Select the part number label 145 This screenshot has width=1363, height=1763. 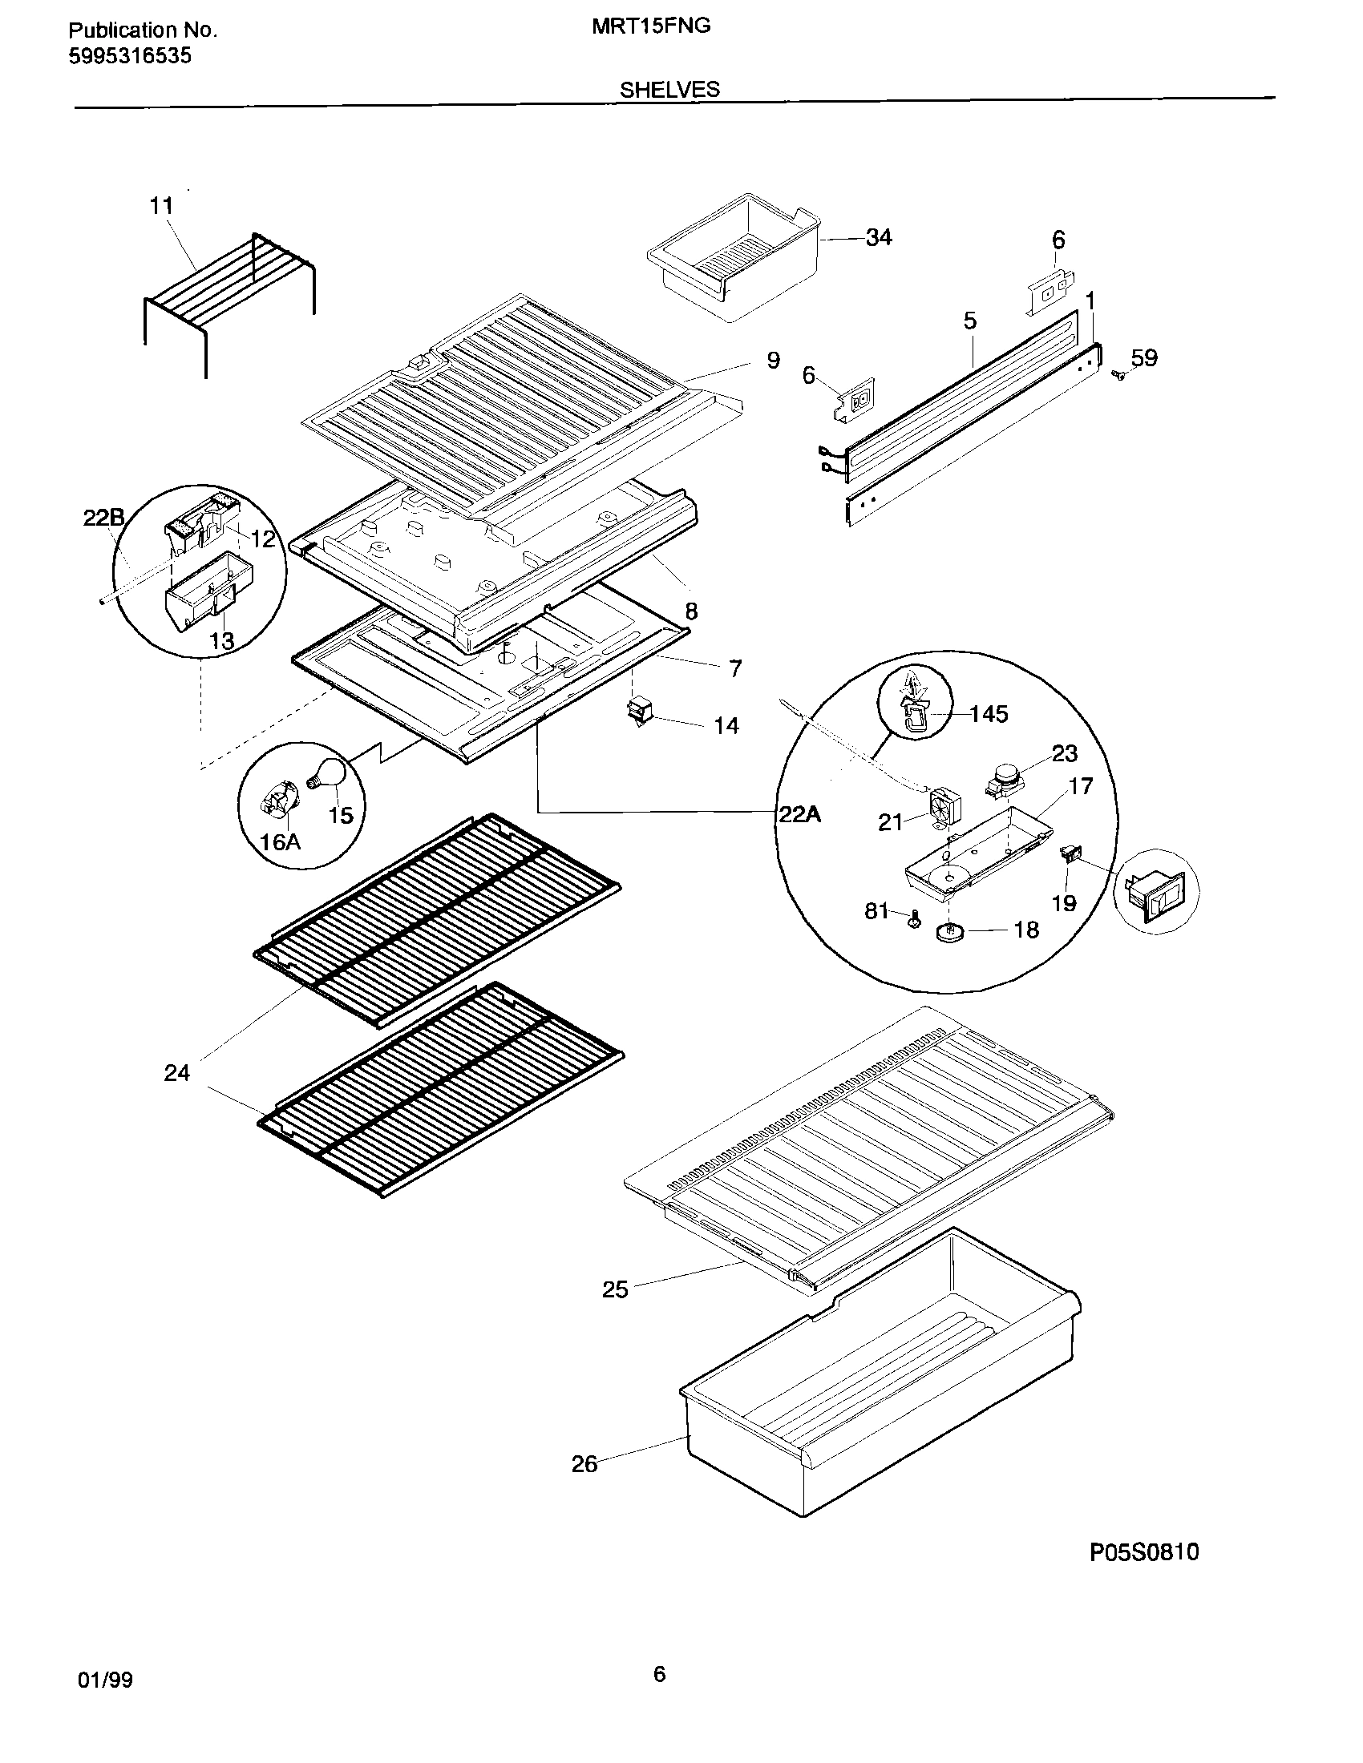989,713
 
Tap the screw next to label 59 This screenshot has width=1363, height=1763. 1118,374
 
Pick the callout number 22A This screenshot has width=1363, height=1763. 799,814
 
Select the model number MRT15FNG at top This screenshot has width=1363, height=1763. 651,26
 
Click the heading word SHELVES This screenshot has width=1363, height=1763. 669,90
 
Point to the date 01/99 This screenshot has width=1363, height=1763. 105,1680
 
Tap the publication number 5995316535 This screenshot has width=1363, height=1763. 130,57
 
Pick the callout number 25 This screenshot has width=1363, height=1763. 614,1289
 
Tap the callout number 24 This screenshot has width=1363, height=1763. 177,1073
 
